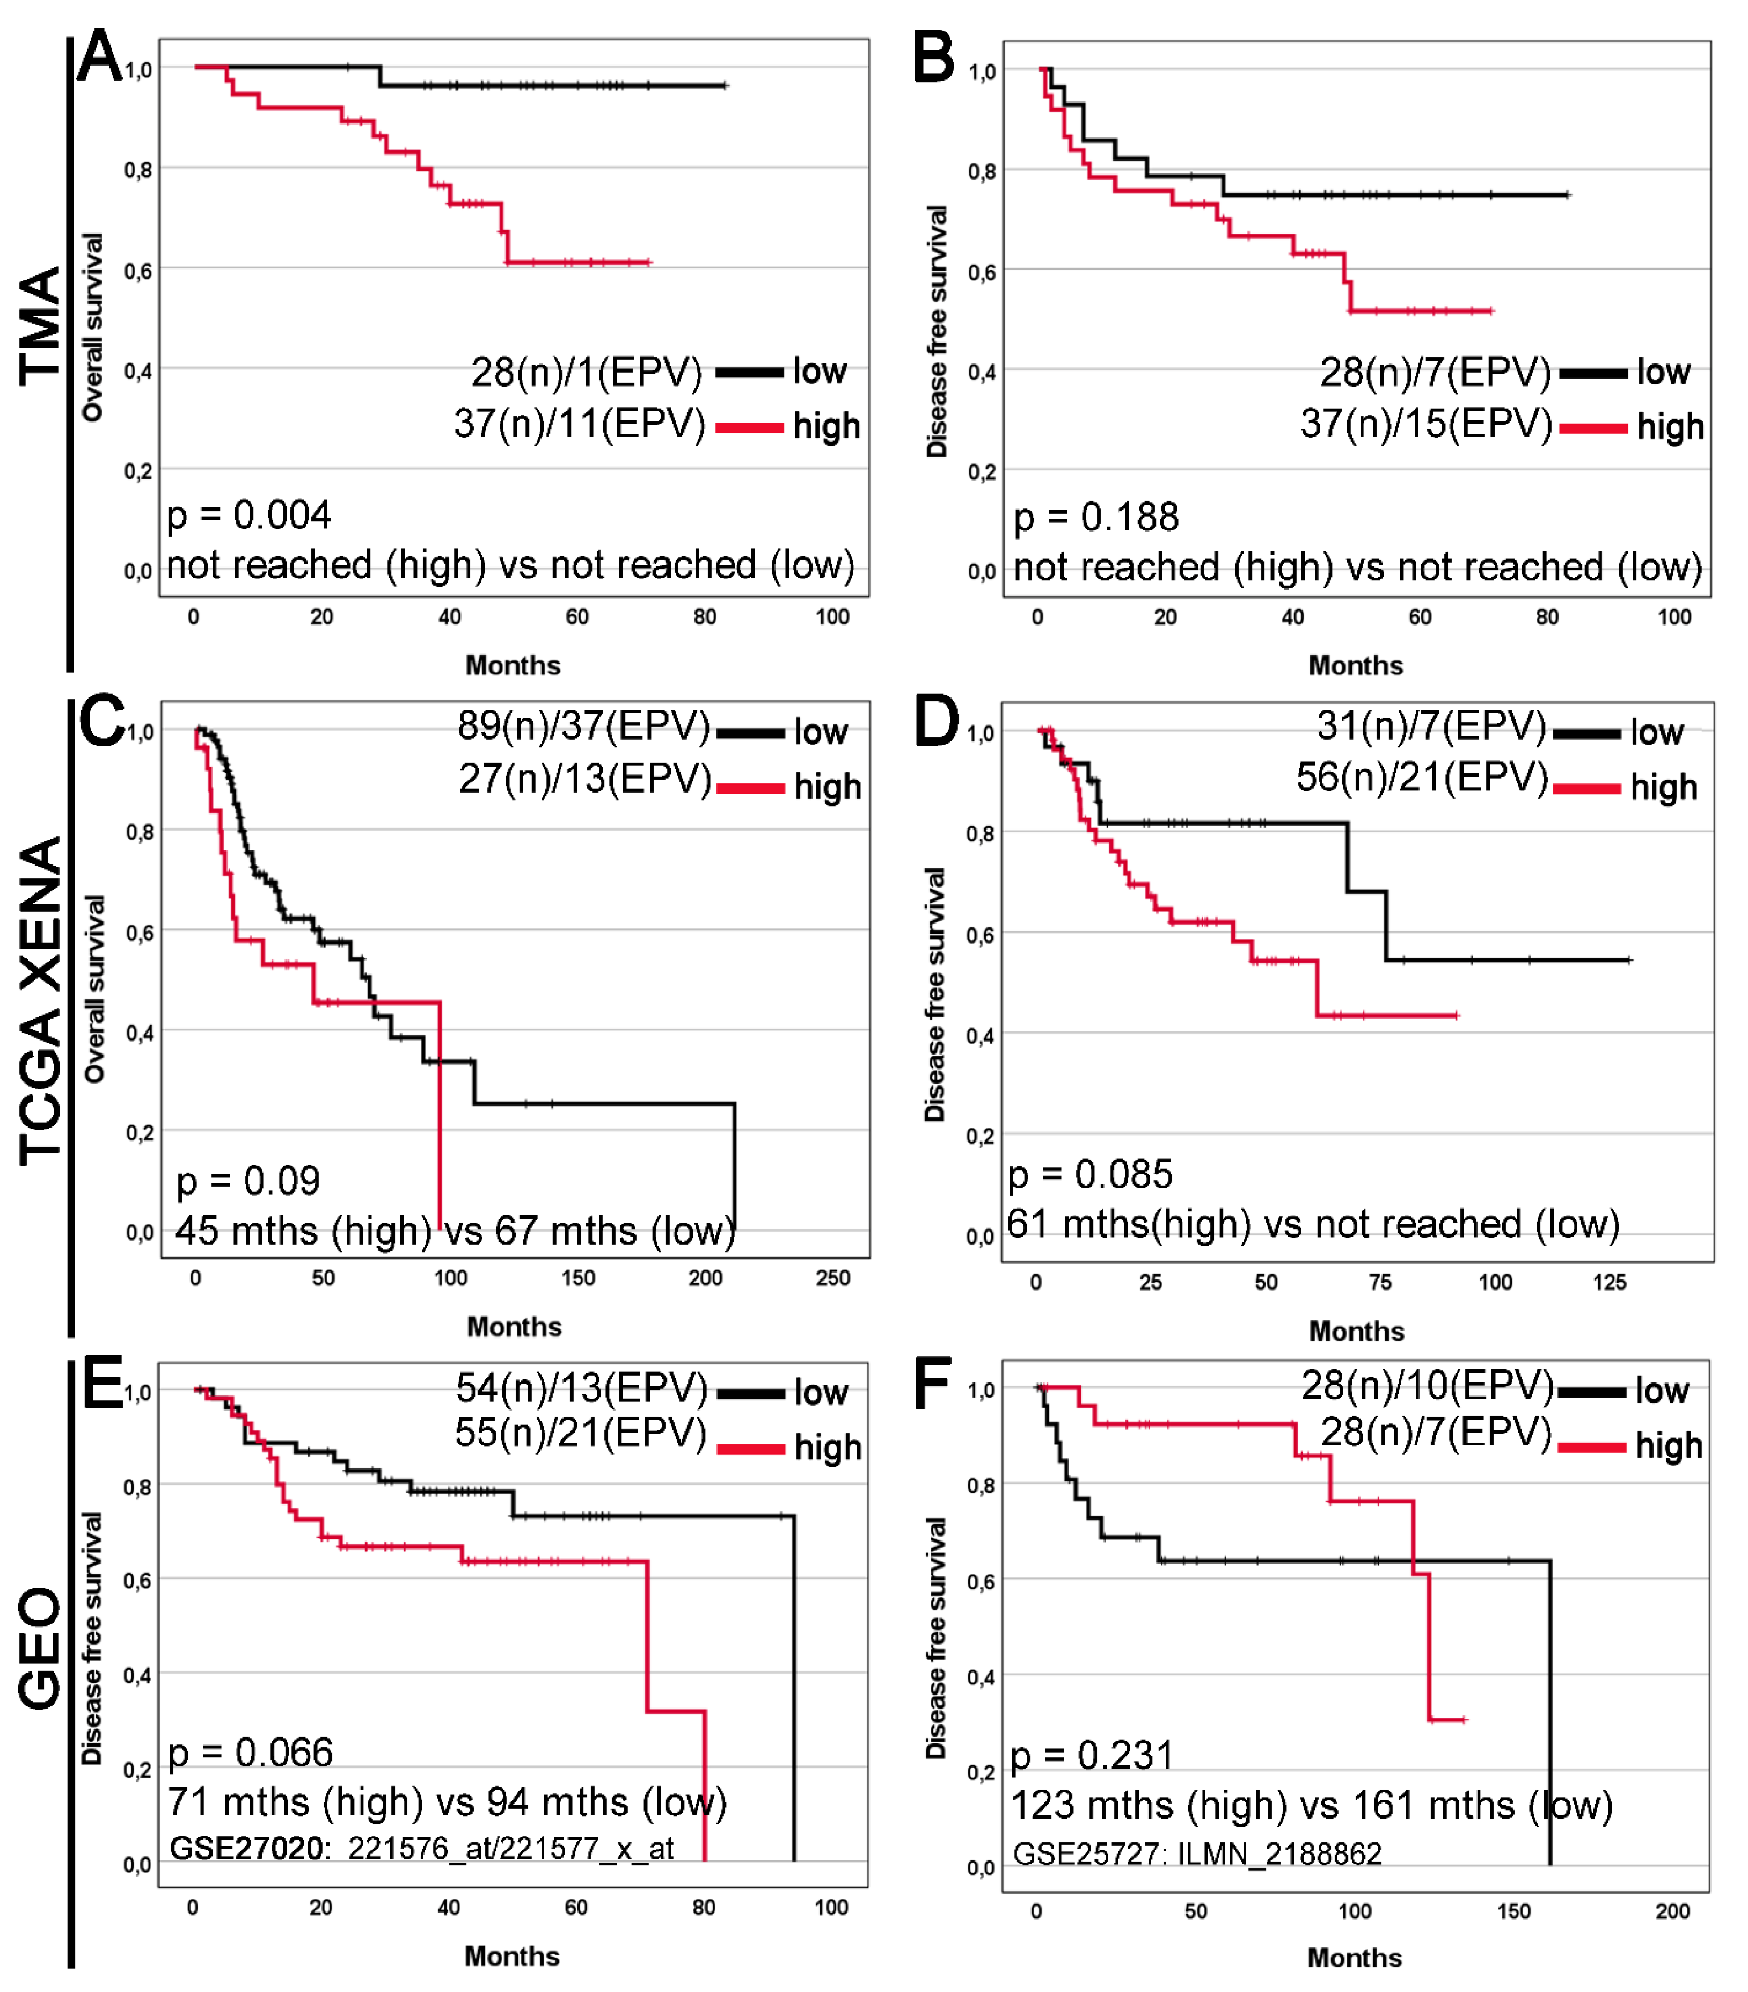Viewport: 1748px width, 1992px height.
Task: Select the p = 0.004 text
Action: coord(248,514)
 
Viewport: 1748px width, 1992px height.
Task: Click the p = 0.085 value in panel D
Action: coord(1089,1174)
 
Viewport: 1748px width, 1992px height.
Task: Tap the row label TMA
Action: coord(41,326)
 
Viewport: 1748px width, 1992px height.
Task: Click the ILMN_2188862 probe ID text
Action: coord(1279,1852)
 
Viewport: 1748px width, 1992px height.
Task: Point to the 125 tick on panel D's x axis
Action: coord(1610,1282)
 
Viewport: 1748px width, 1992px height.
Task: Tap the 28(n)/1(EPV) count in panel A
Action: coord(586,372)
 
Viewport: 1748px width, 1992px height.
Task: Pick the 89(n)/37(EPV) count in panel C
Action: coord(583,726)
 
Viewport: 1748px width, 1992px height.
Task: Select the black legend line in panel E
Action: coord(750,1394)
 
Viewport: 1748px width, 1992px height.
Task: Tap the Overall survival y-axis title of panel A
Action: coord(92,328)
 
